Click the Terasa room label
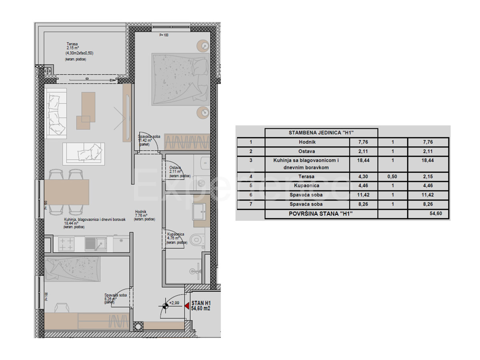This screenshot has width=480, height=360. coord(73,45)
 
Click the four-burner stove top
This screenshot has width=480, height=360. coord(66,244)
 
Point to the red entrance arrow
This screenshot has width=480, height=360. coord(186,306)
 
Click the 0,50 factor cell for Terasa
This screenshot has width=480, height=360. coord(392,176)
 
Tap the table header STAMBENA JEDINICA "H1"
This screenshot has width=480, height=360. coord(321,133)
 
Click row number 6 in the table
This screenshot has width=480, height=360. coord(250,195)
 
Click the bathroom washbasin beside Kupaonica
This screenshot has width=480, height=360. coord(199,211)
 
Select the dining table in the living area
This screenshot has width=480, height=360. coord(66,192)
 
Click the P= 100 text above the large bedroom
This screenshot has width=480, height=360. coord(164,35)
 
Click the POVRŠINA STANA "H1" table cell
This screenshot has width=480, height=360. coord(321,214)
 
